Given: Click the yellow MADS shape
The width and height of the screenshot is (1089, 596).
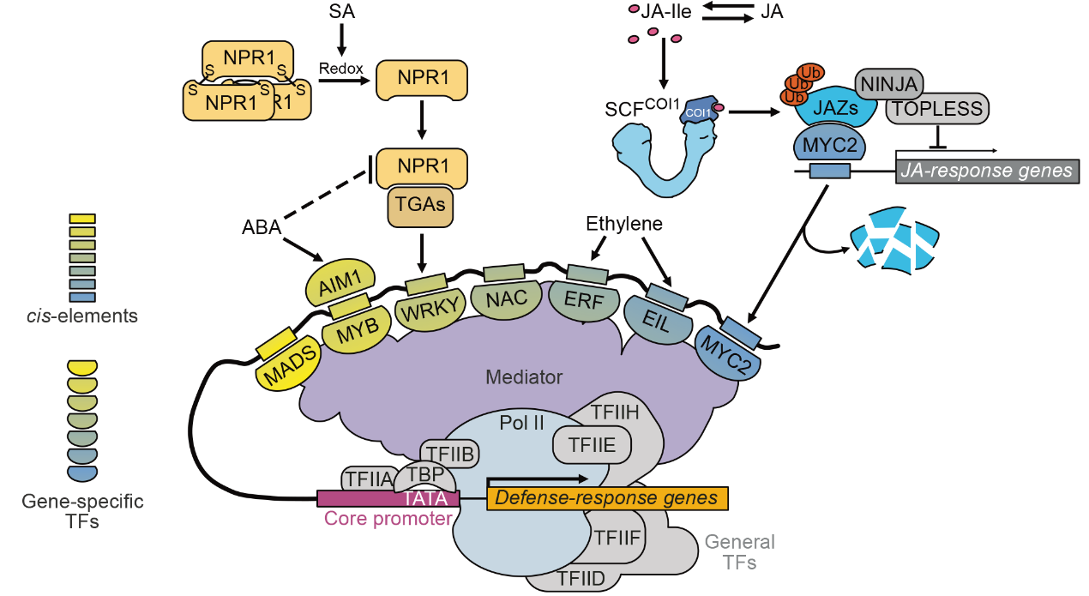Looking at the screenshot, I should (x=288, y=367).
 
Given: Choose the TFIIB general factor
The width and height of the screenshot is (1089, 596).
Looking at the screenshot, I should (x=448, y=454).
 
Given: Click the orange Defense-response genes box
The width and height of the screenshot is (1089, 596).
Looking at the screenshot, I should (x=606, y=498).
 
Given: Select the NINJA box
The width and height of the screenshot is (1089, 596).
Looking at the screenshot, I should (x=889, y=82).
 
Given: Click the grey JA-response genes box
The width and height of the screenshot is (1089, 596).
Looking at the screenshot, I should (x=987, y=171).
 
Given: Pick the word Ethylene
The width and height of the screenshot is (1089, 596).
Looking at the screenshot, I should (x=624, y=225).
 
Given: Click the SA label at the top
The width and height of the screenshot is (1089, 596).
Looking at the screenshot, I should (x=341, y=11).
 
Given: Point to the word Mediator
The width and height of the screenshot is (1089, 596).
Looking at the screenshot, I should (x=523, y=376).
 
